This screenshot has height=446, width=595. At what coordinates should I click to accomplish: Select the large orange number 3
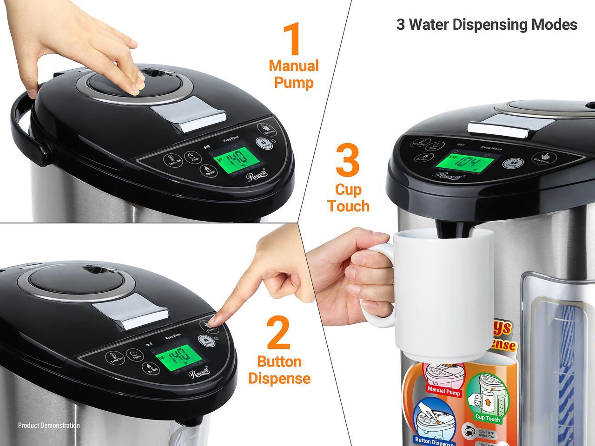347,160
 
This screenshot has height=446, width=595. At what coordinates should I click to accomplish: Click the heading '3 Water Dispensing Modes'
486,25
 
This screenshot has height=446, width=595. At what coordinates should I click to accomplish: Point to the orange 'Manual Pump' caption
294,74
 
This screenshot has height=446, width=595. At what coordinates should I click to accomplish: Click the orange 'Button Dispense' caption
279,370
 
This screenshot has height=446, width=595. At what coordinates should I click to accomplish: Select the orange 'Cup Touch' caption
348,197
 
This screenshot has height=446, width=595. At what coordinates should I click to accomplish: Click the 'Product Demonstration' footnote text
49,425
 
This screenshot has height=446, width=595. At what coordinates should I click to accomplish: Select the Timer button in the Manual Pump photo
192,157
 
